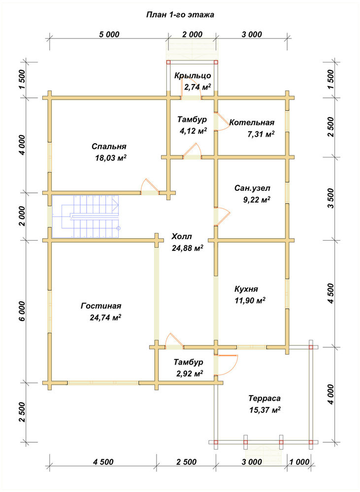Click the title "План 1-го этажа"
tap(180, 15)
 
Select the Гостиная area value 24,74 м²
tap(105, 317)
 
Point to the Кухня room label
tap(246, 289)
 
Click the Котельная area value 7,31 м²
tap(261, 134)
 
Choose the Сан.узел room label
tap(252, 188)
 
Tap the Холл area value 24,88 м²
tap(188, 248)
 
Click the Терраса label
tap(264, 399)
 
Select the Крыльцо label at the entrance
tap(193, 76)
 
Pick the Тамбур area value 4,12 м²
tap(193, 131)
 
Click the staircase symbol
tap(86, 217)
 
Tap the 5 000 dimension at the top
tap(109, 34)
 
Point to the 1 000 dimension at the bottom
tap(299, 462)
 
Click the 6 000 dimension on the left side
tap(21, 311)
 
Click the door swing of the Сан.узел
tap(223, 216)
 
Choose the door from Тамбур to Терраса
tap(227, 365)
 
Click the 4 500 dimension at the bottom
tap(103, 462)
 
